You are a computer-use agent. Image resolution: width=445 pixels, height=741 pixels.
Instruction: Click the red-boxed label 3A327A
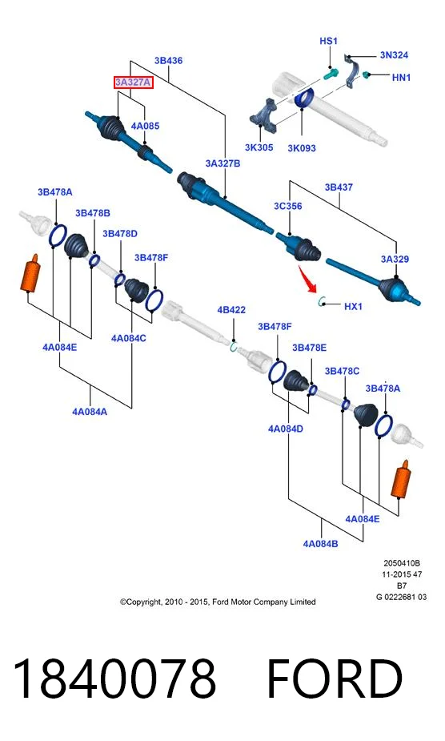tap(133, 83)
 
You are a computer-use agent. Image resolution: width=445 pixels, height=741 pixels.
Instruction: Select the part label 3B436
tap(168, 61)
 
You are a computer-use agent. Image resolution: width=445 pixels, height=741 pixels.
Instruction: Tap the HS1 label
tap(328, 41)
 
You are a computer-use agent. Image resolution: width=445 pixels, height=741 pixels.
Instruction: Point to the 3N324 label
tap(394, 54)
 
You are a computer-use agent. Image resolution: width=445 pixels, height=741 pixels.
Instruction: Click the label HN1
tap(401, 77)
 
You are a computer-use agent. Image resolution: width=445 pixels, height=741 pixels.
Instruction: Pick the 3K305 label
tap(259, 147)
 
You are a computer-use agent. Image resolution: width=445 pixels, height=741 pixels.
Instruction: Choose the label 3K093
tap(302, 148)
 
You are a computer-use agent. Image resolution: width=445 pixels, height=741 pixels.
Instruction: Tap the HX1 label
tap(353, 306)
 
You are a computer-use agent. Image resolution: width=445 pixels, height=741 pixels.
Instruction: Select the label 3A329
tap(395, 259)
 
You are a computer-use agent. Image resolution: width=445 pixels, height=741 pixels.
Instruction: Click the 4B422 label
tap(231, 310)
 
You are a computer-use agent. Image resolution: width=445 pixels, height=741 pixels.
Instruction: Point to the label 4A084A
tap(90, 412)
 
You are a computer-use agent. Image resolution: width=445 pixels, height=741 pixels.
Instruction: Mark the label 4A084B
tap(320, 543)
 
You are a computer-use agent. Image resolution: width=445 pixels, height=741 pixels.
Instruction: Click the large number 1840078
tap(114, 679)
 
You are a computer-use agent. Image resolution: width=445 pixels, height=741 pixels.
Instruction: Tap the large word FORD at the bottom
tap(335, 679)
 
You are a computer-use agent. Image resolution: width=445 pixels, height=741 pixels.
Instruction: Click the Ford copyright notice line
tap(218, 602)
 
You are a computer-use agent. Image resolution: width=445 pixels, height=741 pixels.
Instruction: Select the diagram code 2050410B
tap(402, 563)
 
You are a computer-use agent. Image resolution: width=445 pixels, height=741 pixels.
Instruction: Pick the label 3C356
tap(287, 206)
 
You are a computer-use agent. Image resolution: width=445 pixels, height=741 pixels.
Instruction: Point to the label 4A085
tap(145, 126)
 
